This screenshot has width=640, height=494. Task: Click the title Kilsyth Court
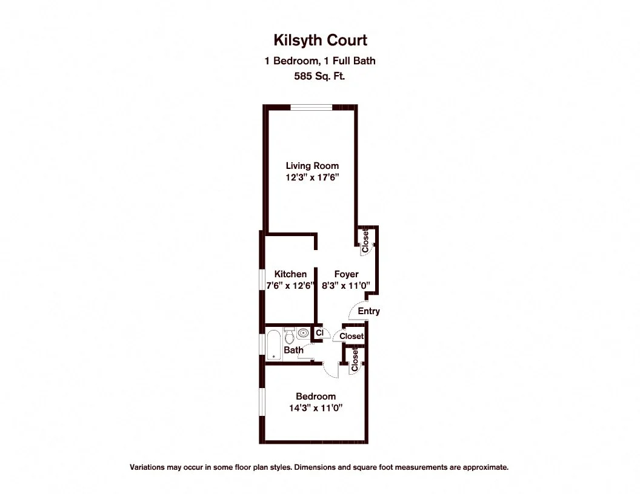tap(319, 41)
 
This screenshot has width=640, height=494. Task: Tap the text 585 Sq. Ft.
tap(319, 76)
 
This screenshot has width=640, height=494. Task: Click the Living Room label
tap(312, 166)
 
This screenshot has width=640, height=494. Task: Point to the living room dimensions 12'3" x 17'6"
tap(312, 178)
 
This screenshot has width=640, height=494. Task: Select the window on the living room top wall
tap(311, 108)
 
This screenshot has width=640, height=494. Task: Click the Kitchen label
tap(290, 274)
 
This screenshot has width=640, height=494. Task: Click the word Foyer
tap(346, 274)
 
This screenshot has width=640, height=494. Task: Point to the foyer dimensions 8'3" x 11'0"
tap(346, 286)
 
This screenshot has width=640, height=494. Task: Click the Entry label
tap(368, 311)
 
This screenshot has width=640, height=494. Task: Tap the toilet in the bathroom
tap(290, 335)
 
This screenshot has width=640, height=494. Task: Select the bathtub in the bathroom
tap(273, 344)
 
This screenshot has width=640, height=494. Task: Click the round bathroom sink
tap(303, 332)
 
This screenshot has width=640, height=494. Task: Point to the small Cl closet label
tap(319, 332)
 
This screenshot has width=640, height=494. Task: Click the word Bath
tap(293, 350)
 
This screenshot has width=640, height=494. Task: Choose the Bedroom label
tap(316, 397)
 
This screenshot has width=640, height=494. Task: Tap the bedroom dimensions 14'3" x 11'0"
tap(316, 408)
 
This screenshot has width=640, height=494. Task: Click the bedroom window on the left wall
tap(262, 403)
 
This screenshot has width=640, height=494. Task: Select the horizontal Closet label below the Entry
tap(352, 336)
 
